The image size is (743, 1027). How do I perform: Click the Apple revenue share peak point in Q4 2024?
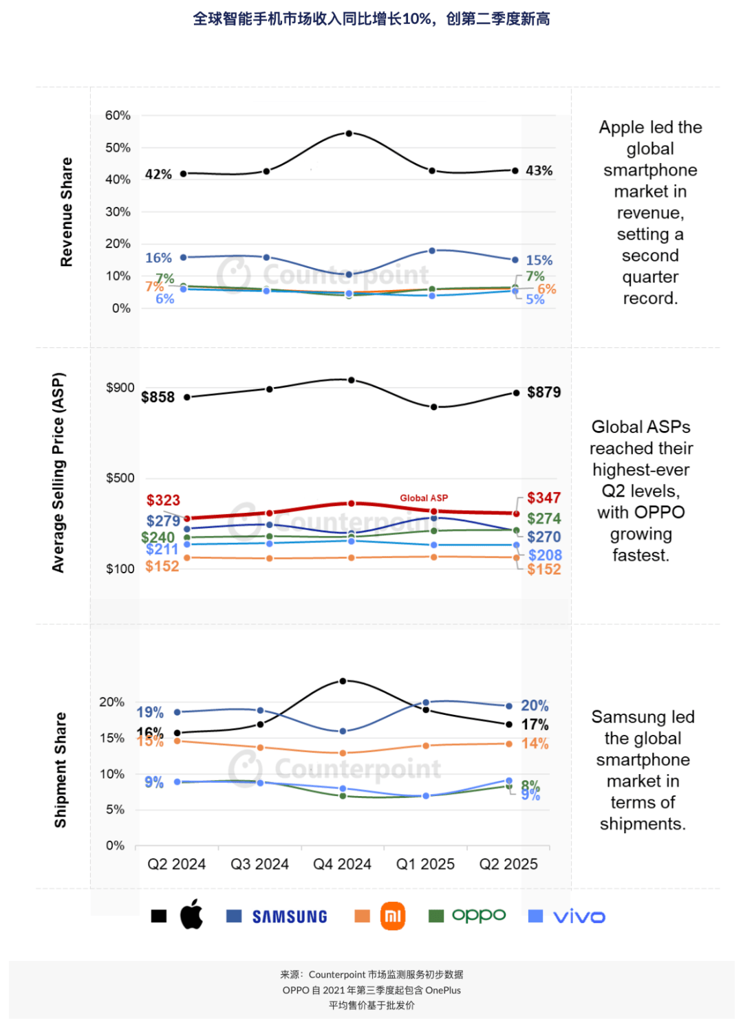tap(349, 133)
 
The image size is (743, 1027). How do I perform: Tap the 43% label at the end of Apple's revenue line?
tap(539, 170)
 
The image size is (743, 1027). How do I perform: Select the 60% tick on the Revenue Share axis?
tap(118, 115)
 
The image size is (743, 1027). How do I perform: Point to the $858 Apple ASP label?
tap(158, 397)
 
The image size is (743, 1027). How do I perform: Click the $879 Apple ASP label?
tap(543, 393)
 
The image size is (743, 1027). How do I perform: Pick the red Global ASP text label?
tap(424, 498)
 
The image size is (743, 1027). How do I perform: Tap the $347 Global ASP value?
tap(543, 498)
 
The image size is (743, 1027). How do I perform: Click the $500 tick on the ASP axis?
tap(120, 478)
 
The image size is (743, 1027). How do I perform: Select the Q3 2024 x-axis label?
tap(259, 864)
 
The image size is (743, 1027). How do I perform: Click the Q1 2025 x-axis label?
tap(425, 864)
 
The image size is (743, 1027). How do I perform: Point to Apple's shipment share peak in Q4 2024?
tap(343, 681)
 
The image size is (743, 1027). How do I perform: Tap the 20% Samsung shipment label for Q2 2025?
tap(535, 706)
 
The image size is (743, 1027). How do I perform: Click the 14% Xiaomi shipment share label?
tap(535, 744)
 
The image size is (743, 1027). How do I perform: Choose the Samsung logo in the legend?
tap(290, 916)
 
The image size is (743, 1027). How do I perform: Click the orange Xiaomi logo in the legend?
tap(393, 916)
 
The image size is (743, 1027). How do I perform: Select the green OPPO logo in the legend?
tap(479, 916)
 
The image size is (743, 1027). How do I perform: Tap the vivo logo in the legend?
tap(579, 916)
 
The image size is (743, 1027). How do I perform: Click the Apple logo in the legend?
tap(191, 914)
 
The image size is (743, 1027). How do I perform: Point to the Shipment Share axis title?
tap(61, 770)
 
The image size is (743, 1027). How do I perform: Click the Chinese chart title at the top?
tap(371, 19)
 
